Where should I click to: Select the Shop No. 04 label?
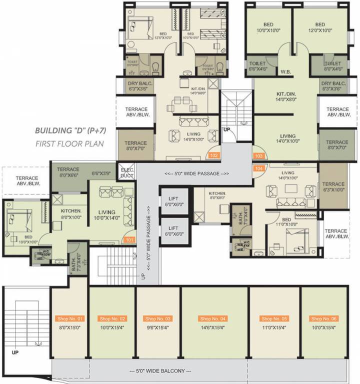pos(213,318)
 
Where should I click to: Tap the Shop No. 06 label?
pos(323,318)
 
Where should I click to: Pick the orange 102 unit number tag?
pos(214,155)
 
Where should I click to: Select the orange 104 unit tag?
pos(259,168)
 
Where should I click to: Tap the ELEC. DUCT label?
pos(125,172)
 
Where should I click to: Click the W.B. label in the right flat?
pos(286,70)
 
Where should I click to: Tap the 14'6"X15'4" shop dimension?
pos(212,328)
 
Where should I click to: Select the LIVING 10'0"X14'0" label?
pos(106,215)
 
